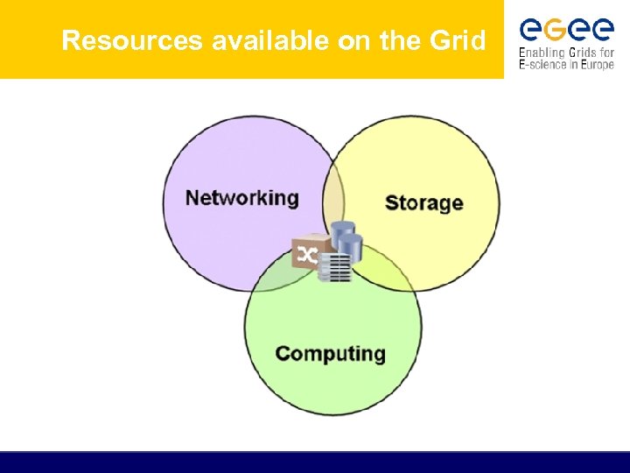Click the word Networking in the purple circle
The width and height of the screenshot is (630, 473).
coord(242,198)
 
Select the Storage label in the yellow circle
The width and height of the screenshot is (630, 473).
coord(423,203)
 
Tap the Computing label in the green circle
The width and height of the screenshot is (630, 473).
coord(330,354)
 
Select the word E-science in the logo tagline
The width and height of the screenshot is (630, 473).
coord(544,66)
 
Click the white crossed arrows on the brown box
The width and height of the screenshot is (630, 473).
coord(307,256)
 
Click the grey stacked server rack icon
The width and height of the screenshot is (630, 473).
coord(335,268)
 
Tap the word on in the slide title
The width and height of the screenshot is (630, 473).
coord(354,41)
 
